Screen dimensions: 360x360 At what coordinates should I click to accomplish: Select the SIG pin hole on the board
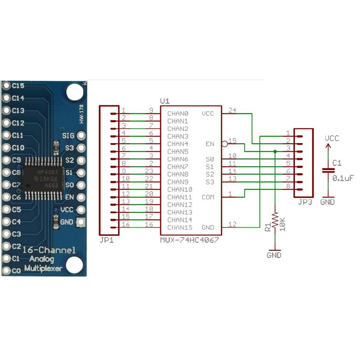(x=81, y=135)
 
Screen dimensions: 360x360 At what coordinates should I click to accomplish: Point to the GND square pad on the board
(x=81, y=222)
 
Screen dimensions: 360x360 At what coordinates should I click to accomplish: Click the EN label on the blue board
(x=69, y=197)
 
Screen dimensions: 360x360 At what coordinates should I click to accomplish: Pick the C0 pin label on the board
(x=16, y=271)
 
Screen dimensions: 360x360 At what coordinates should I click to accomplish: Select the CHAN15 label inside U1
(x=180, y=227)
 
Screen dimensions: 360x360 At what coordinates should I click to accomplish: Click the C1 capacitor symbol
(x=328, y=170)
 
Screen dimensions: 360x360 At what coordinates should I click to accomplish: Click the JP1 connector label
(x=107, y=241)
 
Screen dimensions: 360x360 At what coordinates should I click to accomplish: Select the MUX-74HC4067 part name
(x=189, y=240)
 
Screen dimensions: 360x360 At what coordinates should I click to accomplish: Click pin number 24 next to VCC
(x=232, y=110)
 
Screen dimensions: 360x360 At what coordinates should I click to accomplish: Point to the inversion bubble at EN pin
(x=224, y=144)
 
